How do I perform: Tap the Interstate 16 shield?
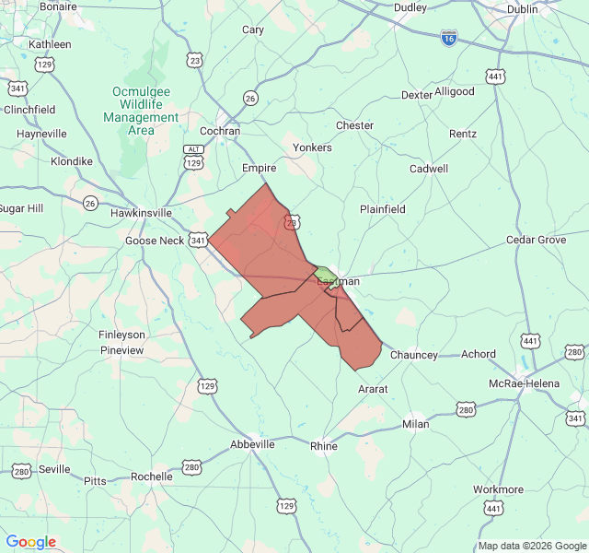448,40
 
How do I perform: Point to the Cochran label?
220,131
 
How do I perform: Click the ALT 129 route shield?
192,157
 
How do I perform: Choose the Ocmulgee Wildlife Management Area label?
141,111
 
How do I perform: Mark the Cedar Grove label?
536,240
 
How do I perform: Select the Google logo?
30,542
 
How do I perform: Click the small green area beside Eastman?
323,274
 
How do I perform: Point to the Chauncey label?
413,355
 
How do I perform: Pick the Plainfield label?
382,209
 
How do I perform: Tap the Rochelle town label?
151,477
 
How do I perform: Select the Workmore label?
498,489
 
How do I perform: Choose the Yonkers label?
312,147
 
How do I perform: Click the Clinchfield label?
29,110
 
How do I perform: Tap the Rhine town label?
324,446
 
